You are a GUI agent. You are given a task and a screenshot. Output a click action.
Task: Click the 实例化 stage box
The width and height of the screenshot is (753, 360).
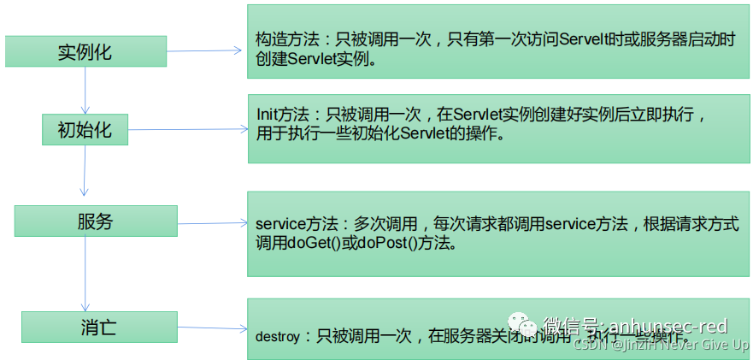click(85, 51)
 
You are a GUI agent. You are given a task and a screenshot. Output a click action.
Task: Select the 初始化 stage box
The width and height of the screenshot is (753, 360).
click(85, 130)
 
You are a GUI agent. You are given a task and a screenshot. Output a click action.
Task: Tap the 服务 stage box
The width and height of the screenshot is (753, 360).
click(96, 221)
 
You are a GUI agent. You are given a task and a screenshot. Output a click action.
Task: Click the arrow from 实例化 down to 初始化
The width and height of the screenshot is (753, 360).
click(85, 89)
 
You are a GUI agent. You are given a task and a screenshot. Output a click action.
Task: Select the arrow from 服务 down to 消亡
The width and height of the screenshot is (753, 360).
click(84, 274)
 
